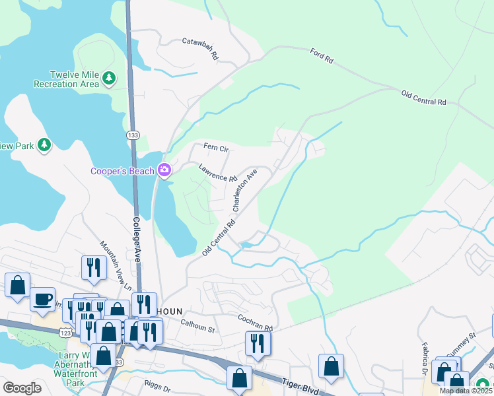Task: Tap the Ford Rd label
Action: [321, 56]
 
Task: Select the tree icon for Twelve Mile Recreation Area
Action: [109, 79]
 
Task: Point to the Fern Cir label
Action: [215, 147]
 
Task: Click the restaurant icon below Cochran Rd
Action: [258, 343]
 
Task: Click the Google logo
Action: [22, 388]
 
